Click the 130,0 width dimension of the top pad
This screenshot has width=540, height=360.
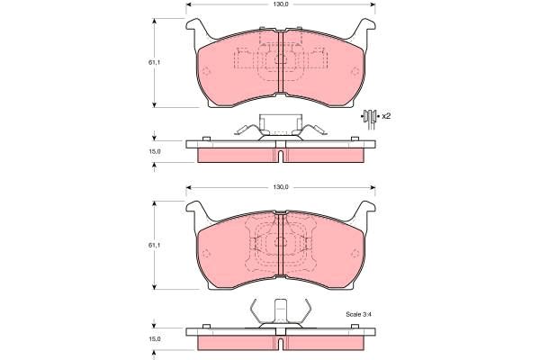(x=281, y=4)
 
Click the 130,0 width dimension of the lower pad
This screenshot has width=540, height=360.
(x=281, y=187)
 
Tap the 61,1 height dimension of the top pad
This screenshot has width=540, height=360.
(x=154, y=63)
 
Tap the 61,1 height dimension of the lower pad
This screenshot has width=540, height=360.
(x=154, y=246)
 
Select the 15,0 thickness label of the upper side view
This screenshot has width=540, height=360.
(x=155, y=151)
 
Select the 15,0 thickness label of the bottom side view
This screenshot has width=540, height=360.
(x=155, y=339)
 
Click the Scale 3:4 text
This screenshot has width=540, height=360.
(x=358, y=314)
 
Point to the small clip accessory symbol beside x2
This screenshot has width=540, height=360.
(x=370, y=118)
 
